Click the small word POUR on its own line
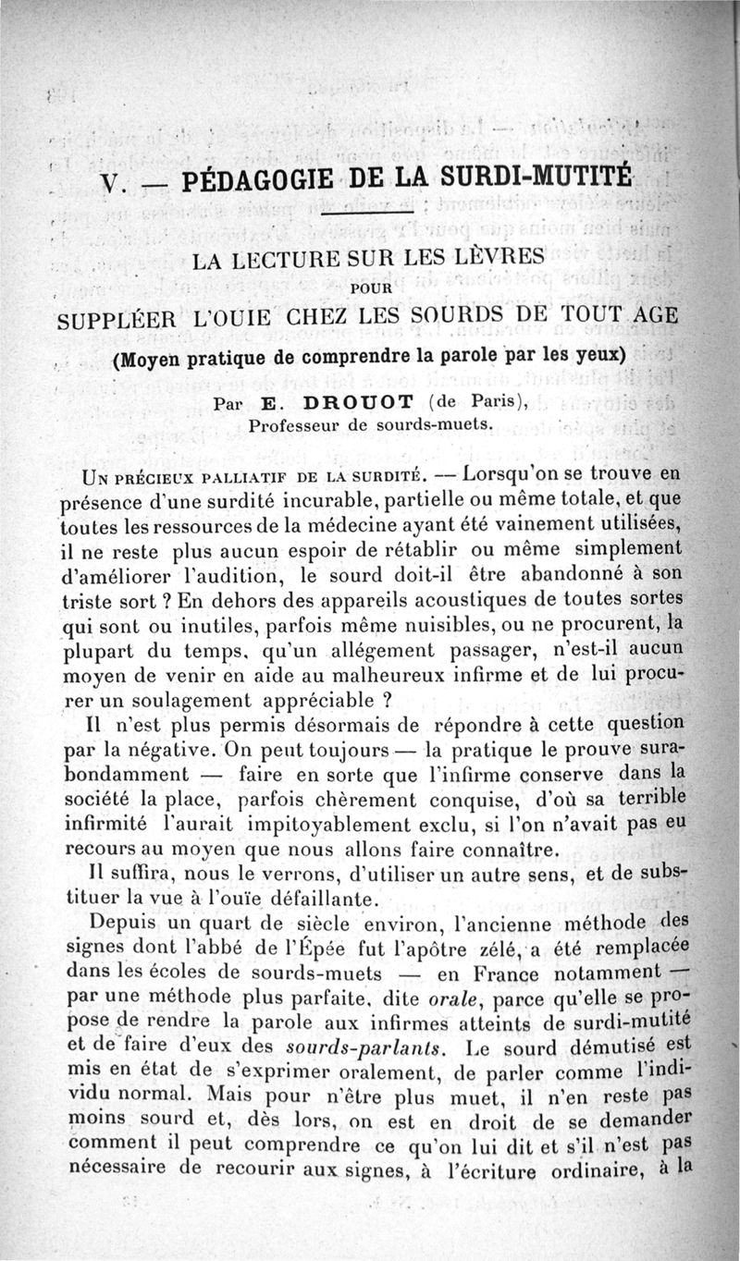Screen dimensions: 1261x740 [x=367, y=288]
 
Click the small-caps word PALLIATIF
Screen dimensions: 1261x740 [x=230, y=476]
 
